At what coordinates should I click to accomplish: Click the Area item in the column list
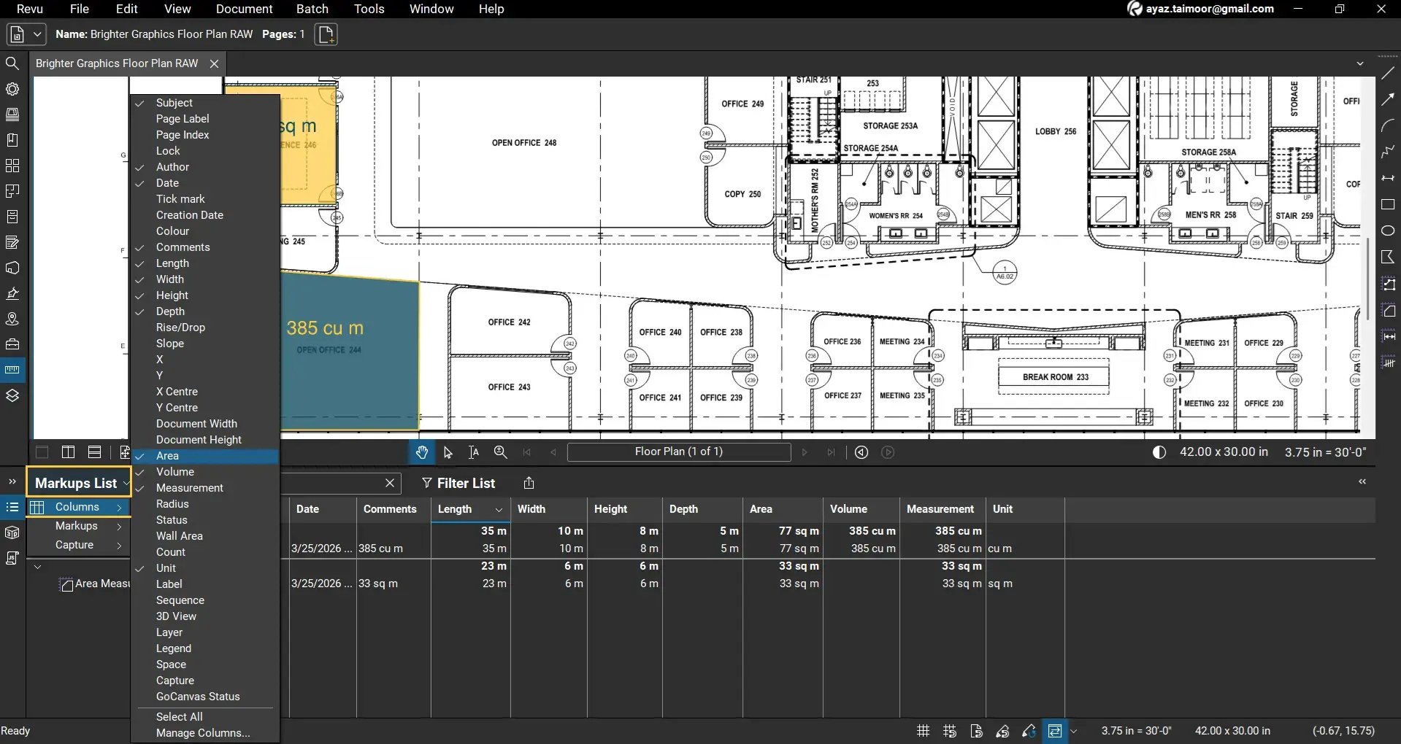point(167,456)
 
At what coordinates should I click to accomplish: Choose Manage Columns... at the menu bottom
point(202,733)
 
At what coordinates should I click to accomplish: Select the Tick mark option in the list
point(180,199)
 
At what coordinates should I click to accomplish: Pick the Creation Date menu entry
point(189,215)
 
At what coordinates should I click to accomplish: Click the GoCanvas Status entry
point(197,697)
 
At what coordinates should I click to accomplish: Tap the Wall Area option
point(179,536)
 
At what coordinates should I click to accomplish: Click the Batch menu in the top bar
point(312,9)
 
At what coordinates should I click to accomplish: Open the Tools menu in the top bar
point(369,9)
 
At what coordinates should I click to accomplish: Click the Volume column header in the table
point(848,509)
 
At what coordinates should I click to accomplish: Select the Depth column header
point(683,509)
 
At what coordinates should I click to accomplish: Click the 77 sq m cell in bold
point(799,531)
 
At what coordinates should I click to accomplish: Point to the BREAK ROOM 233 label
point(1055,377)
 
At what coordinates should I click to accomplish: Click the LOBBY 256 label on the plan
point(1055,131)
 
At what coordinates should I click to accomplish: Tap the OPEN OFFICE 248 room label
point(523,143)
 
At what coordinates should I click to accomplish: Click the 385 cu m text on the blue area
point(325,328)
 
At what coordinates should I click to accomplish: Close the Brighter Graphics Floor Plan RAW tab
point(214,63)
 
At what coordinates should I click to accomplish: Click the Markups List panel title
point(76,483)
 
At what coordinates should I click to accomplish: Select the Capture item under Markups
point(74,545)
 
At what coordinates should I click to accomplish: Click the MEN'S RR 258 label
point(1210,215)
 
